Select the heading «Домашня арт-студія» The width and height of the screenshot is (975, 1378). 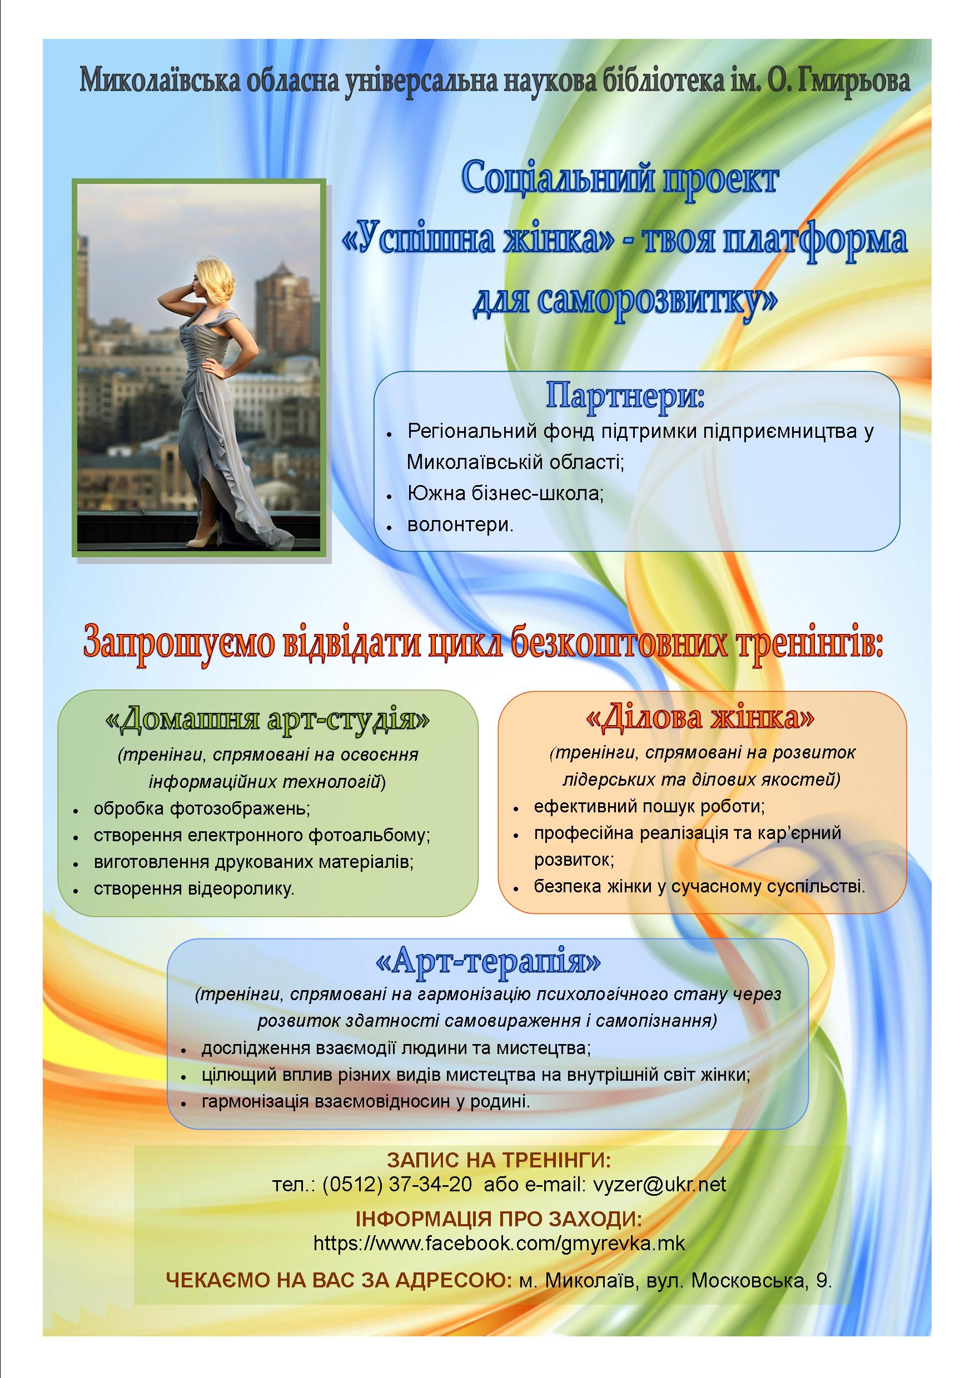268,720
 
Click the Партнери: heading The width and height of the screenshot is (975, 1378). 625,397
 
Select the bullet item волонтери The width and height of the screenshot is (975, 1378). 460,525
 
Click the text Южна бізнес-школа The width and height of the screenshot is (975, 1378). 505,493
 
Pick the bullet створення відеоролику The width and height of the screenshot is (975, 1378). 194,888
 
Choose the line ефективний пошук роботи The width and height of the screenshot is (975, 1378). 649,806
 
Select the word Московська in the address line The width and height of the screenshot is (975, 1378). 748,1281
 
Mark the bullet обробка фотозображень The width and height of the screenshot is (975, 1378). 202,808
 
